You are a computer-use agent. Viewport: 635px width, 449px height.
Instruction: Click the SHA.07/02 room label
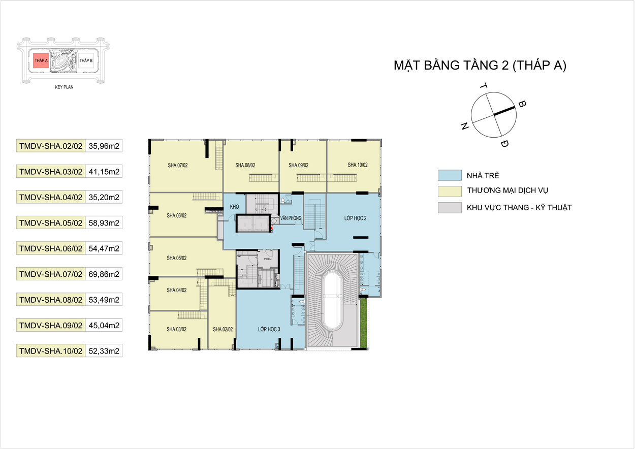tap(178, 165)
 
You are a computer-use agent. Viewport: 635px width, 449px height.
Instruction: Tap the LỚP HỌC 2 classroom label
tap(355, 218)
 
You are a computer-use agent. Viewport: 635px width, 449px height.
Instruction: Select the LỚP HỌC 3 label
tap(269, 329)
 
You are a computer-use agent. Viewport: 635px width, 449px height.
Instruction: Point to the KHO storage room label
tap(234, 207)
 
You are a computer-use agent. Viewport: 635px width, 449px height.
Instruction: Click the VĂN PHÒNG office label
tap(291, 218)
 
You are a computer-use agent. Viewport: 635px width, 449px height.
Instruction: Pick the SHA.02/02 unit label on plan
tap(223, 329)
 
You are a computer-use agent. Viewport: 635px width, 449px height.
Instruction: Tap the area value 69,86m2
tap(104, 274)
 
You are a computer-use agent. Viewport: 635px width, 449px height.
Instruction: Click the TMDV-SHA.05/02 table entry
tap(51, 223)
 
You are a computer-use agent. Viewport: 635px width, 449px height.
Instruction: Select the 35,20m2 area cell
tap(104, 197)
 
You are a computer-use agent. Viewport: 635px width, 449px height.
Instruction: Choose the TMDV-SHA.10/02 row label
tap(51, 351)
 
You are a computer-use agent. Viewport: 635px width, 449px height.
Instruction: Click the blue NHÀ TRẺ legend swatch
tap(450, 175)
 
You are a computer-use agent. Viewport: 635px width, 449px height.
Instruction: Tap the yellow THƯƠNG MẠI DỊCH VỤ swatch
tap(450, 191)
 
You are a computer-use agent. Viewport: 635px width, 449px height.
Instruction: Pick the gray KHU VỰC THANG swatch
tap(450, 208)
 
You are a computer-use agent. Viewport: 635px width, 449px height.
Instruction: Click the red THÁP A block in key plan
tap(41, 60)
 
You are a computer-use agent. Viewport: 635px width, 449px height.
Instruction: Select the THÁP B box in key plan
tap(86, 60)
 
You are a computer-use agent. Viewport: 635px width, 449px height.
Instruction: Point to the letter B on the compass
tap(522, 104)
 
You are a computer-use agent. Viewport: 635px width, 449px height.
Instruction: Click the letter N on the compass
tap(464, 126)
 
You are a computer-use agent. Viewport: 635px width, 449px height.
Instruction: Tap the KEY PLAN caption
tap(64, 87)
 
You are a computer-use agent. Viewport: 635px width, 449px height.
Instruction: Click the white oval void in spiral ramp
tap(333, 301)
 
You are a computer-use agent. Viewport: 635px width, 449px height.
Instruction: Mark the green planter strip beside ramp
tap(364, 323)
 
